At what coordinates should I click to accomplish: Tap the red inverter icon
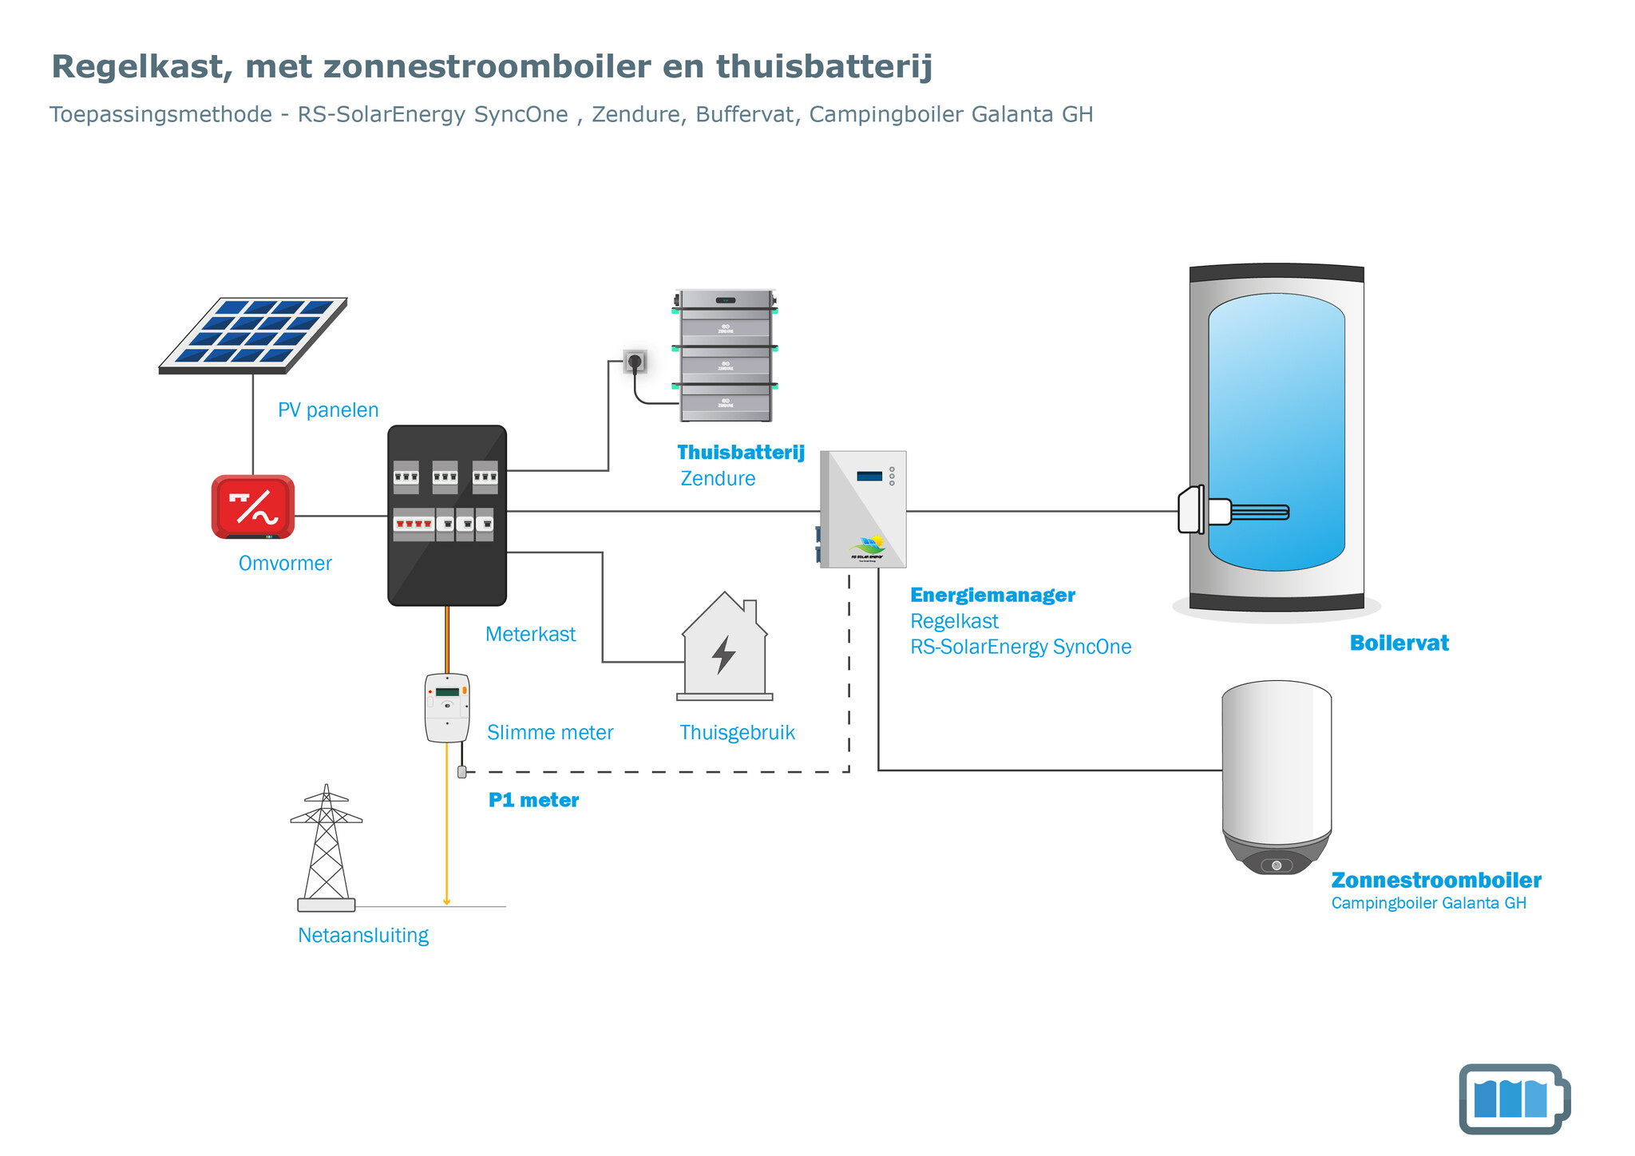253,507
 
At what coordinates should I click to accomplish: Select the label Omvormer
285,564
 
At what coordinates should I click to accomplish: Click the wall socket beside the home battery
635,362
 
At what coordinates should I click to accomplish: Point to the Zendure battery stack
725,356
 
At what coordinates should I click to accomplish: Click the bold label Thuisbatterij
741,453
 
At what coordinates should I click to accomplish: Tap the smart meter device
447,707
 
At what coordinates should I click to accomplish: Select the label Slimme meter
550,733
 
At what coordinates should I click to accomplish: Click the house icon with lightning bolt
724,648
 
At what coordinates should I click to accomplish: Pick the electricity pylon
326,848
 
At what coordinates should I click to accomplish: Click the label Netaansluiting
363,935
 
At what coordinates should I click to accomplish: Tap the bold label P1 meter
533,800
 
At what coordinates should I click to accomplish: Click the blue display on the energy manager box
869,477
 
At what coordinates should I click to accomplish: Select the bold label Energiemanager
992,595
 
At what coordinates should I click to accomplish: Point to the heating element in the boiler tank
1249,512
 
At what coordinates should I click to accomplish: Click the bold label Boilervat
1399,643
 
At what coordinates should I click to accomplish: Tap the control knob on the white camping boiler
1277,865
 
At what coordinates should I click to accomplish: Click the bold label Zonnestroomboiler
1435,881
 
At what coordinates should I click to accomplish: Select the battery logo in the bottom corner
1513,1099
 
